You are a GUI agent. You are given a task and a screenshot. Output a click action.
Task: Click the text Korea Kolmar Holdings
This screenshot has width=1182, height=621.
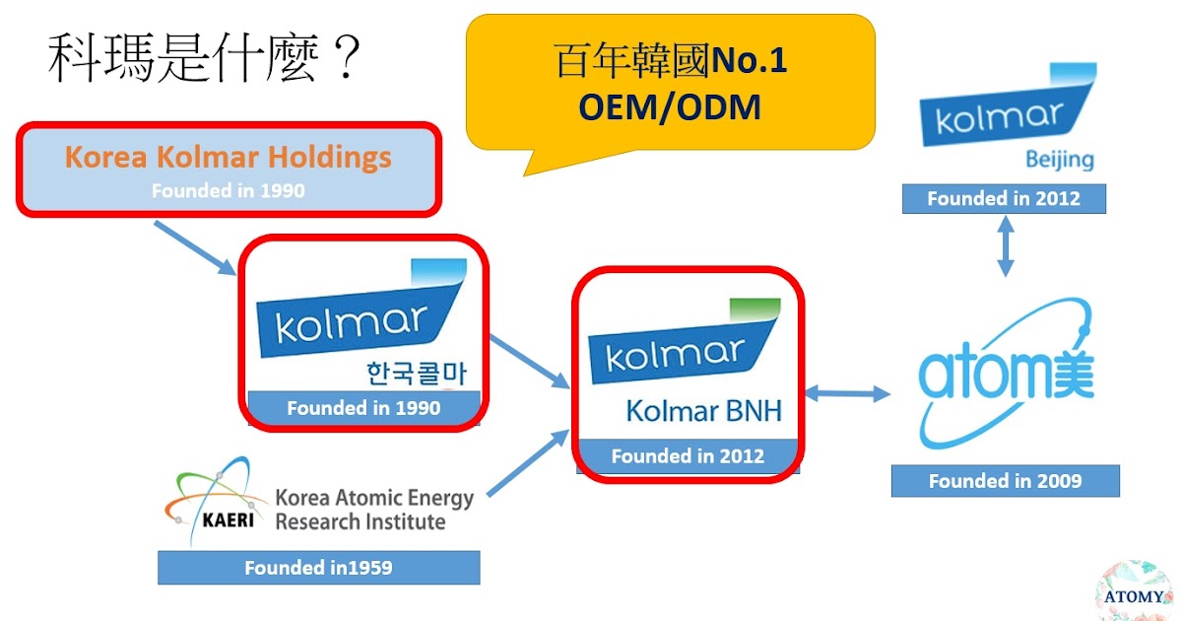pyautogui.click(x=228, y=158)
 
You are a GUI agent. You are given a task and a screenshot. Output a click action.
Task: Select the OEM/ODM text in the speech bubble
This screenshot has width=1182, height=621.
pyautogui.click(x=670, y=106)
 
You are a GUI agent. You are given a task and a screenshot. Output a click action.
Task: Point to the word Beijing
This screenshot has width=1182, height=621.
pyautogui.click(x=1059, y=160)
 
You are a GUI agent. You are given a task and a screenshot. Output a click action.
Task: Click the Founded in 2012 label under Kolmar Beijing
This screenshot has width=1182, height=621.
pyautogui.click(x=1004, y=198)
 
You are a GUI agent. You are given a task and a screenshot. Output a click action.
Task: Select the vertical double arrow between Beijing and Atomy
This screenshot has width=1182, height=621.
pyautogui.click(x=1005, y=245)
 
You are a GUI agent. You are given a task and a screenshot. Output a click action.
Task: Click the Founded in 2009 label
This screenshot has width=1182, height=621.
pyautogui.click(x=1005, y=481)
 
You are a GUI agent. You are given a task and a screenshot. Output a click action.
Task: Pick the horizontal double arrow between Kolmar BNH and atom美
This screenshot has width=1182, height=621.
pyautogui.click(x=847, y=393)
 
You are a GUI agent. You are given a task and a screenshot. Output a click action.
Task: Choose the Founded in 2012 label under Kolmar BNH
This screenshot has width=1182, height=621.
pyautogui.click(x=688, y=456)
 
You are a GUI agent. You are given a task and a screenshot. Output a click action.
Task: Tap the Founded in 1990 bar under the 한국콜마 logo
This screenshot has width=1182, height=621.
pyautogui.click(x=362, y=407)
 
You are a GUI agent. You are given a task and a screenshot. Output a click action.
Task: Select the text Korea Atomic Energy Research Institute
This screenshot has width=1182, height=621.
pyautogui.click(x=374, y=510)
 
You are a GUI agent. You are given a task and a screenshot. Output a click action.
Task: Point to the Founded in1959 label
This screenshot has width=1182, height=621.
pyautogui.click(x=318, y=568)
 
